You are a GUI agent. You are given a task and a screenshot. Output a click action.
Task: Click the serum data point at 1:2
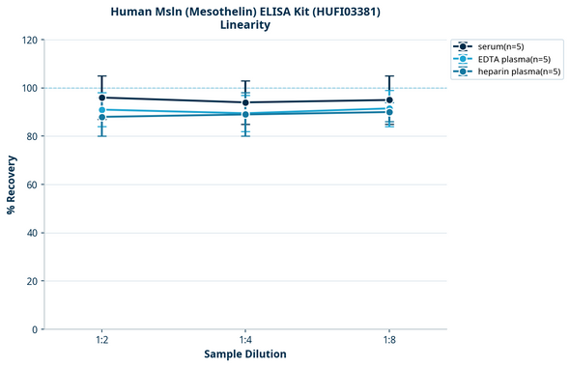coord(101,98)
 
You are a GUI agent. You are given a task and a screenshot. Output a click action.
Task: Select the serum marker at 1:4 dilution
coord(245,102)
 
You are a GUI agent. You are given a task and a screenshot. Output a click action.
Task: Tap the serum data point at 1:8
coord(389,99)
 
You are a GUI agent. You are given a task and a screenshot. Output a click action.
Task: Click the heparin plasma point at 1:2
coord(101,117)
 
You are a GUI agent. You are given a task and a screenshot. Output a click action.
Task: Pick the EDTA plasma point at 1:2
coord(101,110)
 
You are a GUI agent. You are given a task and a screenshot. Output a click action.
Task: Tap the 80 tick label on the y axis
coord(31,137)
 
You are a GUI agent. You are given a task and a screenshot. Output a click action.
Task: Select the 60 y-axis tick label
coord(31,185)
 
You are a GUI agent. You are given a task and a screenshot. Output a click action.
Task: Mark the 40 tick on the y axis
coord(31,234)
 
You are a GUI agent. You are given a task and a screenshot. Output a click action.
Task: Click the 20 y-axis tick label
coord(31,282)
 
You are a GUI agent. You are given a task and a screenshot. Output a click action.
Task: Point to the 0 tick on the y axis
coord(34,330)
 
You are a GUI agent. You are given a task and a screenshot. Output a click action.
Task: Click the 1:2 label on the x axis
coord(101,341)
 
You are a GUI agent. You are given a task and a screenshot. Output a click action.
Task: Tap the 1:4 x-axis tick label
coord(245,341)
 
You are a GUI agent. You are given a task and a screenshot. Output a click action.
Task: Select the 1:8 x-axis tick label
coord(389,341)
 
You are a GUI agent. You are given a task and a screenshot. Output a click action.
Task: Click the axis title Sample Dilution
coord(245,354)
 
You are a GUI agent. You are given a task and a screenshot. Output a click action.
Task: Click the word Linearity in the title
coord(245,25)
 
